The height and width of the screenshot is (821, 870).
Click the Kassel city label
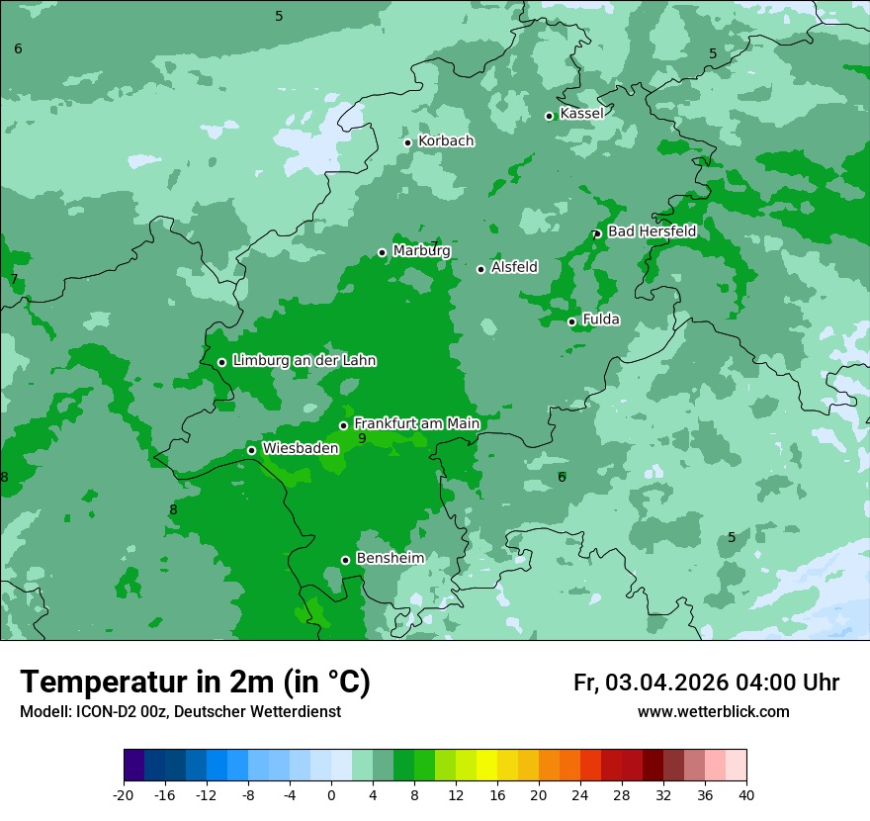[581, 114]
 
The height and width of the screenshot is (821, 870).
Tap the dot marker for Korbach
[407, 142]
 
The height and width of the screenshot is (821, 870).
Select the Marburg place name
[421, 251]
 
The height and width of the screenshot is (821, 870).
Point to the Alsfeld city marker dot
[480, 269]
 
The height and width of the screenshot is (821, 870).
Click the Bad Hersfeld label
[652, 231]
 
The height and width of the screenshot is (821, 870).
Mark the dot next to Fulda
[571, 321]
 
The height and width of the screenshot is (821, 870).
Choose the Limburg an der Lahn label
[304, 361]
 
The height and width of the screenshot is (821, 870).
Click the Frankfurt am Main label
[416, 424]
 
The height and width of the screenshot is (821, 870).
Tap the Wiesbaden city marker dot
[251, 450]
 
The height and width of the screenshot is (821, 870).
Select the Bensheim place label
[390, 559]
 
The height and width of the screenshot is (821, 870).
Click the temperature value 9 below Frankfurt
[362, 438]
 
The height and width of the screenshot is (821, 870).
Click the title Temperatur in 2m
[195, 683]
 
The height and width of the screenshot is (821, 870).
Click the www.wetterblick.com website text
[713, 712]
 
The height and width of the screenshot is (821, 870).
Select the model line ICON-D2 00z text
[180, 712]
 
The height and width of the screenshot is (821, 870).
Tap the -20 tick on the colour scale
[124, 794]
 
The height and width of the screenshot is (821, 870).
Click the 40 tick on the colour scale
[745, 794]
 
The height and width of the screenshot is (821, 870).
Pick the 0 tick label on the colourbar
[331, 794]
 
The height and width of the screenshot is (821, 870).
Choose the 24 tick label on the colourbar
[580, 794]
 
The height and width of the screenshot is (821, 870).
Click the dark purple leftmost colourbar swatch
[134, 766]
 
